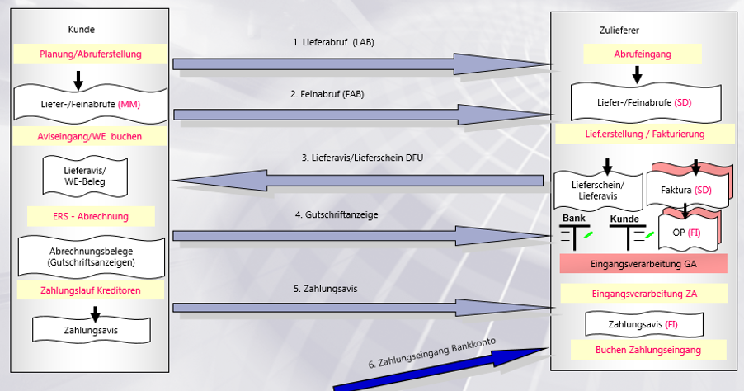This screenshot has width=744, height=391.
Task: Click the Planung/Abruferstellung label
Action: [90, 54]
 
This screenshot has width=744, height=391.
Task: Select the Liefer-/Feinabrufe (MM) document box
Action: [91, 104]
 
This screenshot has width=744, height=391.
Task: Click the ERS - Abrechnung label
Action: [91, 216]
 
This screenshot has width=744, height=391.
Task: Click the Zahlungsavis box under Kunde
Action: [91, 328]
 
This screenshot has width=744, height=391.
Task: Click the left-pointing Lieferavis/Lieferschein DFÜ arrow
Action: [361, 180]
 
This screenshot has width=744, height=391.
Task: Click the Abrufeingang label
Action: [643, 54]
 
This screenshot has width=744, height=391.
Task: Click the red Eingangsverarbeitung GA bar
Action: [643, 263]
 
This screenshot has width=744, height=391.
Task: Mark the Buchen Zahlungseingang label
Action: [643, 350]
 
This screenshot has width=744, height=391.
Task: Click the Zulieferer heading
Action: [619, 31]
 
